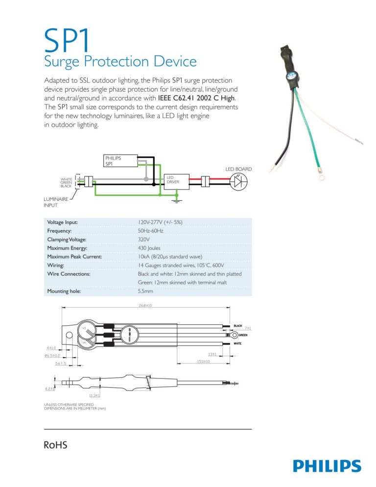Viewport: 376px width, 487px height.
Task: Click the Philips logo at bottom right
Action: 327,466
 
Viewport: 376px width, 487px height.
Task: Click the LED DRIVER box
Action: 177,180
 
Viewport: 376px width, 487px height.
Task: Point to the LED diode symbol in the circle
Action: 239,181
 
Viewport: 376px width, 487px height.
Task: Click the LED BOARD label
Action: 238,169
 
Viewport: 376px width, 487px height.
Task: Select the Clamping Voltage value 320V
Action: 145,240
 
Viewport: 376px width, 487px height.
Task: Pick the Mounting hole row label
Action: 64,291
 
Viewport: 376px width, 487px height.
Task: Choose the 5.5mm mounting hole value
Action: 146,291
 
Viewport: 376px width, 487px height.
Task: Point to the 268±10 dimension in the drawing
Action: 145,306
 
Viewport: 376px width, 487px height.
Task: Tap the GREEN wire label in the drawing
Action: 244,336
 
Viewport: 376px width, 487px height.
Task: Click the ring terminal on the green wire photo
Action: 322,175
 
